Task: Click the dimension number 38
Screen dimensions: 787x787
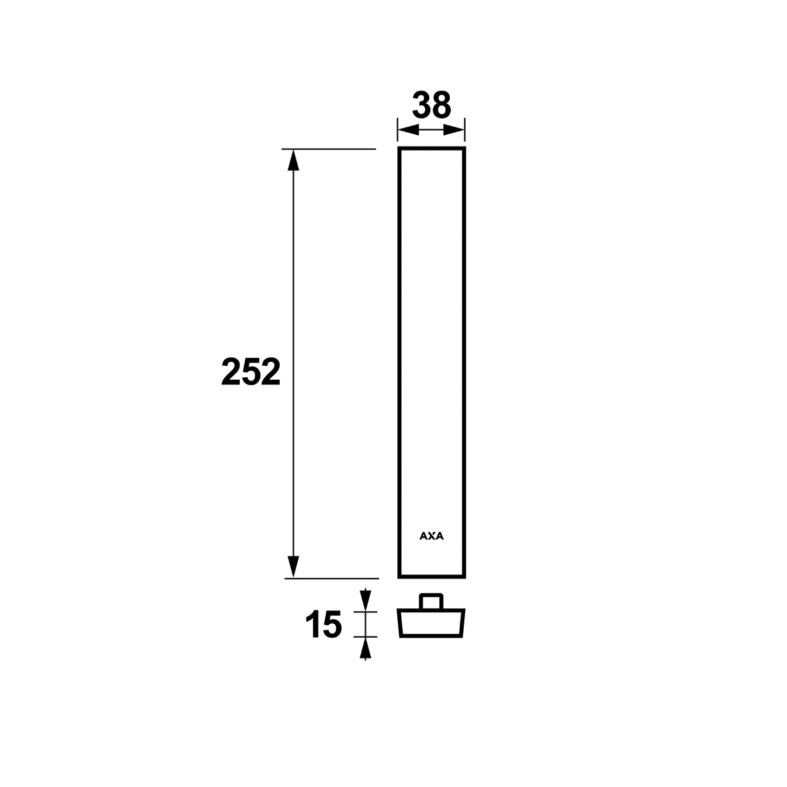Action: coord(432,105)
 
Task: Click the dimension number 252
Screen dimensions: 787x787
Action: coord(251,372)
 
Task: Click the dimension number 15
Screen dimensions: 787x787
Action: coord(324,624)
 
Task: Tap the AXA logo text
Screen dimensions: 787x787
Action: coord(432,536)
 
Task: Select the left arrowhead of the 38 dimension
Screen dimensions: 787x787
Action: coord(408,131)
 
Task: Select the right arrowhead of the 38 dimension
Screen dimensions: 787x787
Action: coord(454,131)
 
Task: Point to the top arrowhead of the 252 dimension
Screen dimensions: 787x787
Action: coord(293,160)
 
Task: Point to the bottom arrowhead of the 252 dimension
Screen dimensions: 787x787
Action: coord(293,567)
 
